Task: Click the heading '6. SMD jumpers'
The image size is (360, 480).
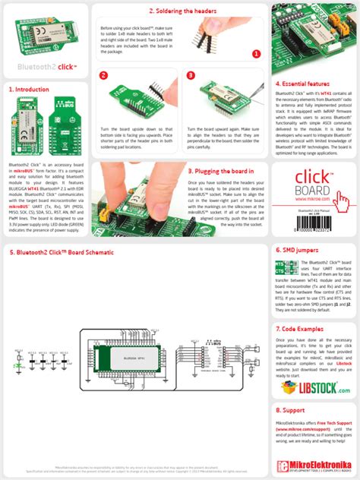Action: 296,228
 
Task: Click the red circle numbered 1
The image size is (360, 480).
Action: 257,54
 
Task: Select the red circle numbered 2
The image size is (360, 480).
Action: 104,76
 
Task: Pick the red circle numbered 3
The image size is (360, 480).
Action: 191,76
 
